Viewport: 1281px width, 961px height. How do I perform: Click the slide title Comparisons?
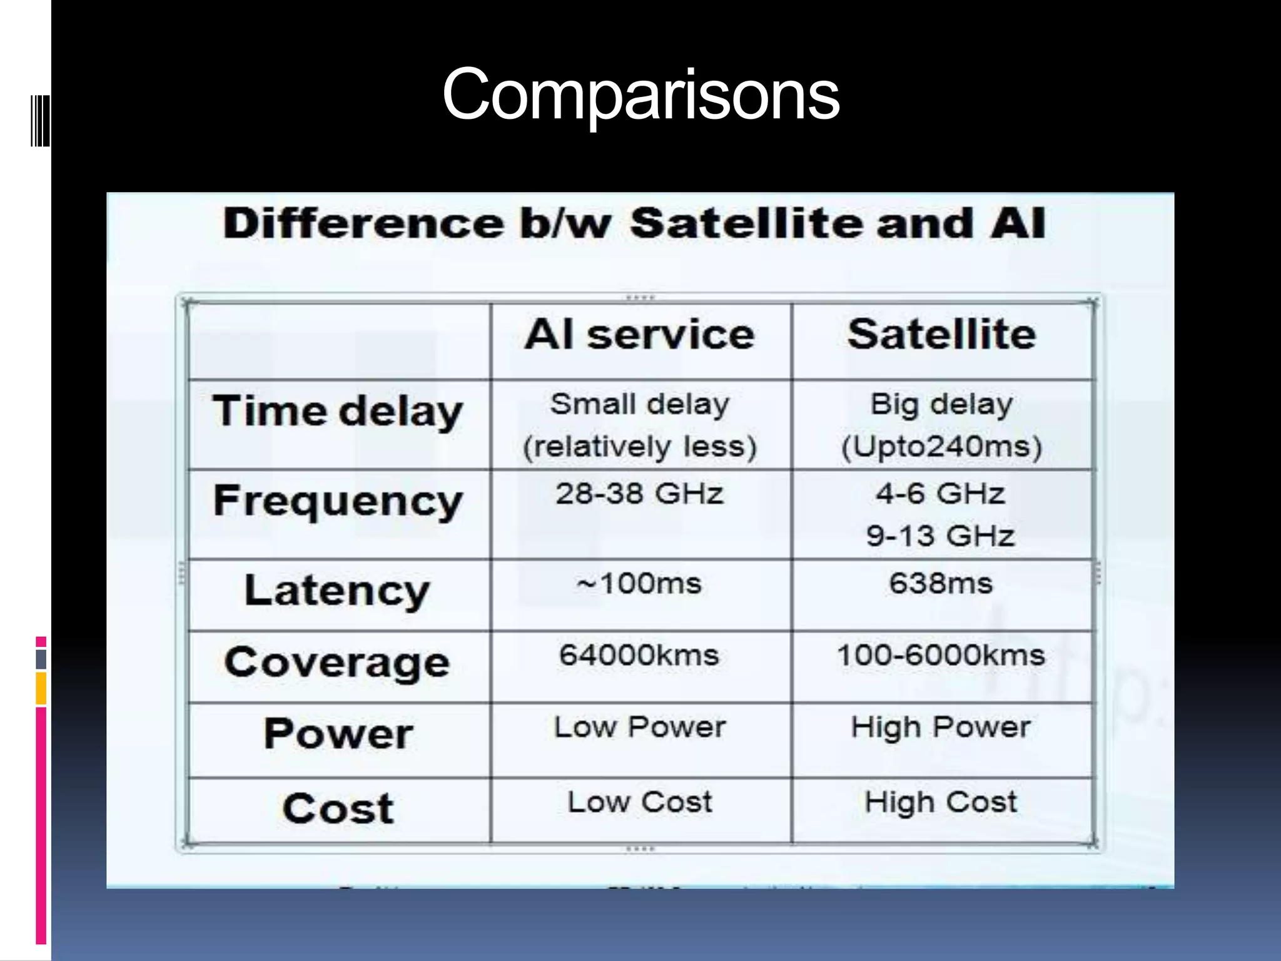pyautogui.click(x=640, y=95)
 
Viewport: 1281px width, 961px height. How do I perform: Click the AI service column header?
pyautogui.click(x=640, y=335)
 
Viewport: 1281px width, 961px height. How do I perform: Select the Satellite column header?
pyautogui.click(x=941, y=335)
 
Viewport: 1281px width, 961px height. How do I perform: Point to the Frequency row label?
pyautogui.click(x=338, y=502)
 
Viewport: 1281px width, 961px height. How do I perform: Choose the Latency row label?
pyautogui.click(x=338, y=591)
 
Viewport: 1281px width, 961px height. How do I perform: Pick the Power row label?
pyautogui.click(x=338, y=734)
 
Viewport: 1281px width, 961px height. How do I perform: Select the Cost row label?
pyautogui.click(x=338, y=808)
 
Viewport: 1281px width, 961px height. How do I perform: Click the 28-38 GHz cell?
pyautogui.click(x=640, y=494)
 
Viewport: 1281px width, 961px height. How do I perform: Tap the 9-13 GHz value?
pyautogui.click(x=940, y=536)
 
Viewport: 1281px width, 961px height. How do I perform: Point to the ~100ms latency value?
pyautogui.click(x=640, y=584)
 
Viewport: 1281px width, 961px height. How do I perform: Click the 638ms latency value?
pyautogui.click(x=941, y=584)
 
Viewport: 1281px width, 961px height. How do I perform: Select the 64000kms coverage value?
pyautogui.click(x=639, y=656)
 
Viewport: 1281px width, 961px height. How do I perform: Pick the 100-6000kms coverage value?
pyautogui.click(x=941, y=656)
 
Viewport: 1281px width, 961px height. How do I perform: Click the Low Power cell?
pyautogui.click(x=640, y=727)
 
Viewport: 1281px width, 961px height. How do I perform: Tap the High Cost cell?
pyautogui.click(x=941, y=802)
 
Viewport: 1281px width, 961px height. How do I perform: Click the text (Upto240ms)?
pyautogui.click(x=941, y=447)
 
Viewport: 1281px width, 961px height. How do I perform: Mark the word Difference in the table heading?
pyautogui.click(x=363, y=223)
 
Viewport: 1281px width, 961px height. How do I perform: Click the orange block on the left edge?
pyautogui.click(x=41, y=688)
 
